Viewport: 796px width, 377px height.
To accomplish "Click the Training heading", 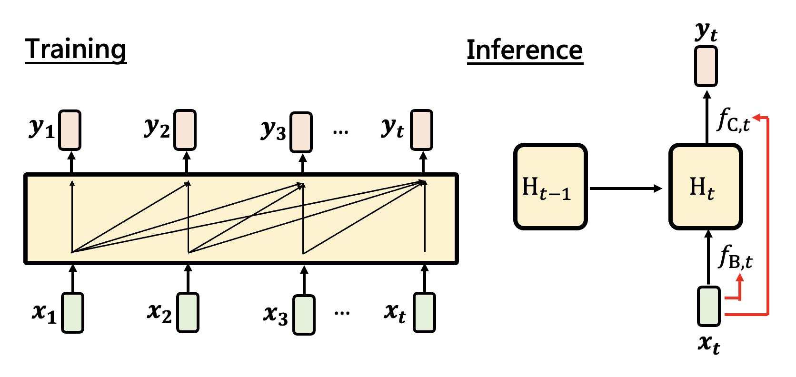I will tap(76, 50).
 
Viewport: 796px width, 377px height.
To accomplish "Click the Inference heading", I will tap(525, 50).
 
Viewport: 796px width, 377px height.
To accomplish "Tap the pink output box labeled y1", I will tap(70, 130).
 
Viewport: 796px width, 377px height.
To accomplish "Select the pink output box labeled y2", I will tap(185, 130).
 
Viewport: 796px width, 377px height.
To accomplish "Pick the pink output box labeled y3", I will tap(301, 132).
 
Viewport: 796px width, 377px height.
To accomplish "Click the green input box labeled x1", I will tap(73, 312).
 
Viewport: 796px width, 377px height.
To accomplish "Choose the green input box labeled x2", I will tap(188, 312).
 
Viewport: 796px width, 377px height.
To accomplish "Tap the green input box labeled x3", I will tap(304, 315).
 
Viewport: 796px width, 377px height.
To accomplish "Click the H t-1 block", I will tap(550, 187).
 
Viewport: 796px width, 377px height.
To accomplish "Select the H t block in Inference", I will tap(706, 187).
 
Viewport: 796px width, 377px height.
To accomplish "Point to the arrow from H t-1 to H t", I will tap(626, 188).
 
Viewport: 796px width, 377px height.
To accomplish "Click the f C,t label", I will tap(733, 120).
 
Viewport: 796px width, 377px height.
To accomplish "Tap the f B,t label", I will tap(735, 257).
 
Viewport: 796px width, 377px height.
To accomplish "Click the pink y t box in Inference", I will tap(706, 66).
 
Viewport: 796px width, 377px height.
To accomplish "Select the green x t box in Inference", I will tap(709, 306).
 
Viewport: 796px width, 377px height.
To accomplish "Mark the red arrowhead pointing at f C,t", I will tap(756, 117).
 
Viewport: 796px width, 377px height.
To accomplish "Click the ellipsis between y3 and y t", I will tap(341, 132).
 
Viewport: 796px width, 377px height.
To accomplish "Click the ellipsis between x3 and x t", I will tap(342, 313).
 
